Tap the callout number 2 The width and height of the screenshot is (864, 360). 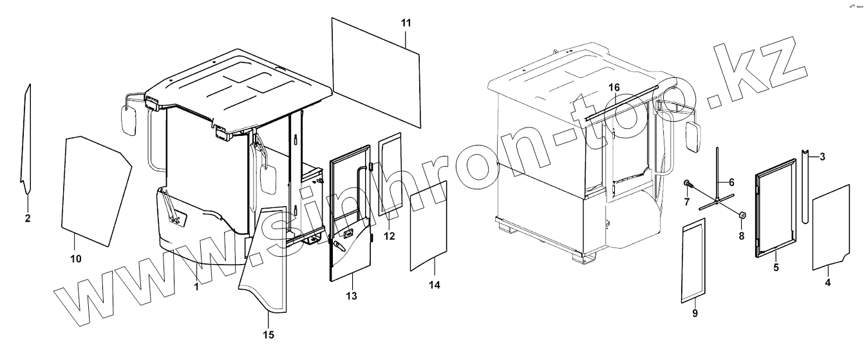tap(28, 218)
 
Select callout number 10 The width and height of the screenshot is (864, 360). tap(75, 258)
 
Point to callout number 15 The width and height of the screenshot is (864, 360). tap(268, 334)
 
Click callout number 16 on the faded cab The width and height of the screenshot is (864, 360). tap(614, 87)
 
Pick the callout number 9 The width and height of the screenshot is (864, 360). tap(695, 313)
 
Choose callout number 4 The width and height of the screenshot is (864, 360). tap(827, 281)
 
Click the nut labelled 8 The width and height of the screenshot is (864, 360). tap(741, 215)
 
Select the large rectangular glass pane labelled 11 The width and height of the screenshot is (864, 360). tap(375, 70)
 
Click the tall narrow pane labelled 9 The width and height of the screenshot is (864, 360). tap(692, 260)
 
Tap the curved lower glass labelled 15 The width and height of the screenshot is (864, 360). tap(265, 264)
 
